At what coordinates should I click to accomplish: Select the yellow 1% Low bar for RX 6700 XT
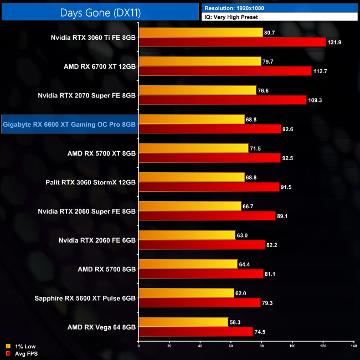point(200,61)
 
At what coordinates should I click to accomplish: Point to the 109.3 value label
point(317,100)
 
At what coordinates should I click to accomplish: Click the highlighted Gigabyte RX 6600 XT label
point(69,124)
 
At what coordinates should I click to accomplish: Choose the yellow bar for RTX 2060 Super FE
point(190,206)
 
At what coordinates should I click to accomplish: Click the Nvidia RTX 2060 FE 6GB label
point(97,240)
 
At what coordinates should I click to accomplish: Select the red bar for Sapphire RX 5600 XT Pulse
point(199,302)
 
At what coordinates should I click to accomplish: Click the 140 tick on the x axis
point(353,346)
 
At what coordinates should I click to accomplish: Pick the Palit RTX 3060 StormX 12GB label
point(91,182)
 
